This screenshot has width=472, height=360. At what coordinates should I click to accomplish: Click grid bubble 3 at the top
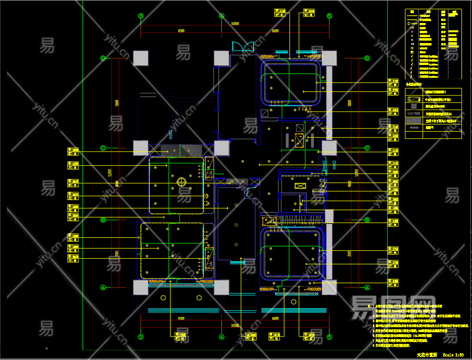141,16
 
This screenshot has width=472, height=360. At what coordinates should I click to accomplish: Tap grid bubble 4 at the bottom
221,337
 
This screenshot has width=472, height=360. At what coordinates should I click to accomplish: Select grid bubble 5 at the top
329,16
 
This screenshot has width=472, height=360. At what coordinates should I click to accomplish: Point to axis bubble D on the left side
103,58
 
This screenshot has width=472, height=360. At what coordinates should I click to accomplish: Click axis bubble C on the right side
367,148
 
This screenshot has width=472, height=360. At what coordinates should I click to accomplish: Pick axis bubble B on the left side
103,220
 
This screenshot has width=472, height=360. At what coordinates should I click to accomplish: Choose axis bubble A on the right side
367,288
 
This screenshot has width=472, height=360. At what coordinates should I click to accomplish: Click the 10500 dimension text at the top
235,23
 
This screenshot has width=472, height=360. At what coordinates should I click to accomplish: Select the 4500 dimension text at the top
181,31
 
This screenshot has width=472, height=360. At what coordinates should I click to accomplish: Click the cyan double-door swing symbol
243,46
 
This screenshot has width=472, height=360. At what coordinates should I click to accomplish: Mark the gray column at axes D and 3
141,58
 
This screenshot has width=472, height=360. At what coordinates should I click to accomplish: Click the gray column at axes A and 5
329,287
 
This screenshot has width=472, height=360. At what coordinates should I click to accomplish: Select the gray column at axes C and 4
222,148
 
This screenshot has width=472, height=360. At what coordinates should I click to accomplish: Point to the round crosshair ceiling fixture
181,182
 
